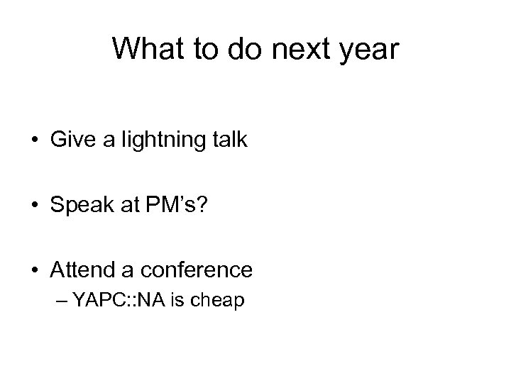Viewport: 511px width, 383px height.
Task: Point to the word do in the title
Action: click(x=241, y=50)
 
